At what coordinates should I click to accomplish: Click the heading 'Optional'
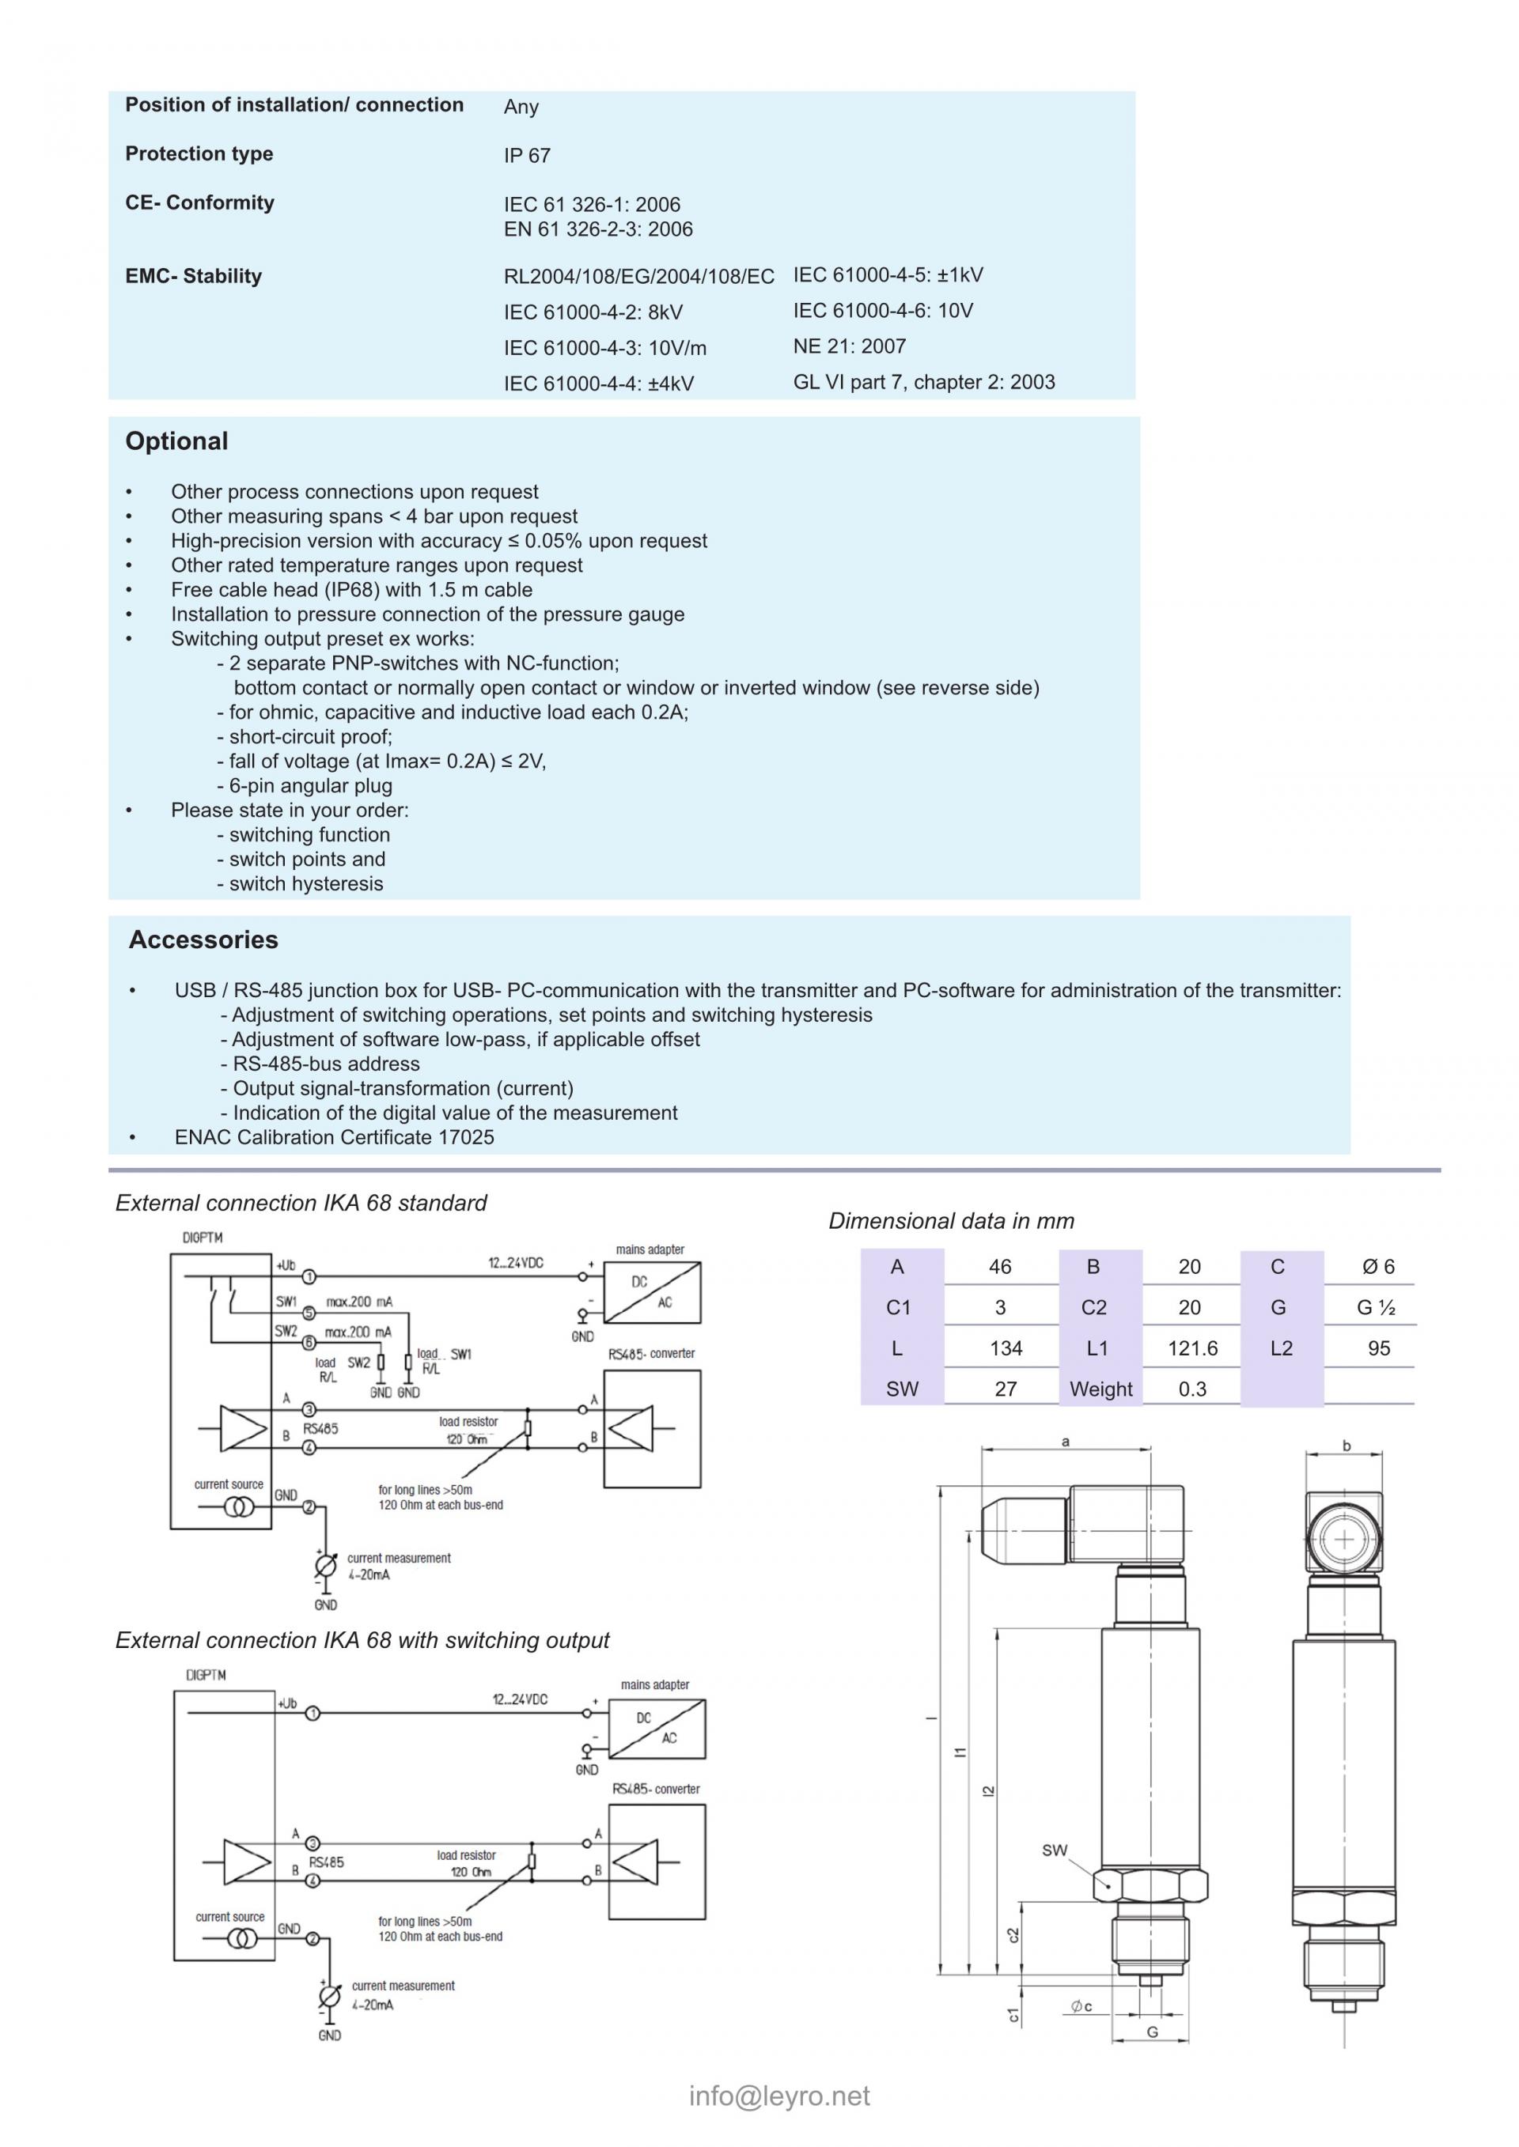point(176,441)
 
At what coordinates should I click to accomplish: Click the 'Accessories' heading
point(203,939)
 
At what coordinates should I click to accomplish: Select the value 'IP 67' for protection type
point(527,156)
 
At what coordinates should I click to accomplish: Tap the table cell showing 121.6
point(1192,1348)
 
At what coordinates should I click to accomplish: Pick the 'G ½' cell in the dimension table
point(1376,1307)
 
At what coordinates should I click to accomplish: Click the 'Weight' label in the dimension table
point(1101,1389)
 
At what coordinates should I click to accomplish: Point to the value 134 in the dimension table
point(1006,1348)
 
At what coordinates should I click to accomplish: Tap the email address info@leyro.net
point(779,2096)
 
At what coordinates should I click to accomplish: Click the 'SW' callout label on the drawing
point(1054,1850)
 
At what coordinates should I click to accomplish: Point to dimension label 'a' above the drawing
point(1066,1442)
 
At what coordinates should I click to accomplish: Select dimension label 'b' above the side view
point(1346,1446)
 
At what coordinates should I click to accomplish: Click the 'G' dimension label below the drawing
point(1153,2031)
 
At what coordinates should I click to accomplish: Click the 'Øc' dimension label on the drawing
point(1081,2005)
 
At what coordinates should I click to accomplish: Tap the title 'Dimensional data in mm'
point(950,1221)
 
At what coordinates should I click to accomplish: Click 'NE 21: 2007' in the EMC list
point(849,347)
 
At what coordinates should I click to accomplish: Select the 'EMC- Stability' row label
point(194,276)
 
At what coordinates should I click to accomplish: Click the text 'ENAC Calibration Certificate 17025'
point(334,1137)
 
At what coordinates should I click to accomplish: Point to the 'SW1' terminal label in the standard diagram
point(286,1301)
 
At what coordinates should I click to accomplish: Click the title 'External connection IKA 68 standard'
point(301,1204)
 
